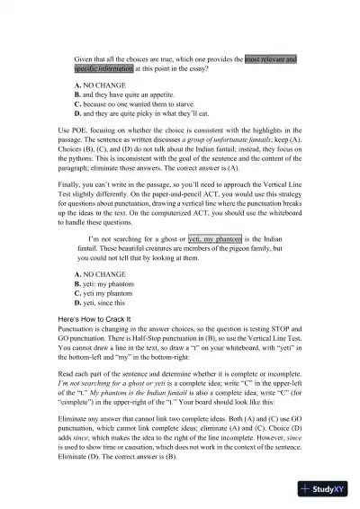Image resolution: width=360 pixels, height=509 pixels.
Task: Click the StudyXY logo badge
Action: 326,489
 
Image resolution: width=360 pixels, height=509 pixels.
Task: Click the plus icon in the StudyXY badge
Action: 307,489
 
